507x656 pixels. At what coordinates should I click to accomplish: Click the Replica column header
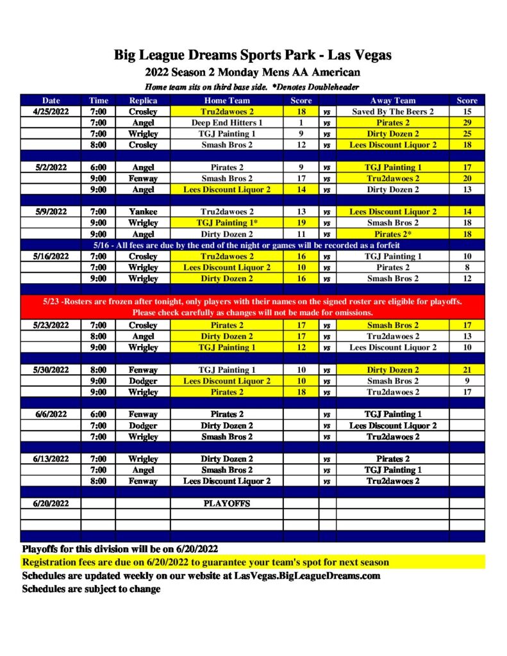coord(143,100)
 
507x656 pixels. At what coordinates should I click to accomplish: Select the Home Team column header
coord(227,100)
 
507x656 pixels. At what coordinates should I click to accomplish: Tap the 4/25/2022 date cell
coord(51,111)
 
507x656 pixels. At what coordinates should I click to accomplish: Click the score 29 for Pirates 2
coord(467,122)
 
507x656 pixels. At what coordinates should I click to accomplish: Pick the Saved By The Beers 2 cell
coord(393,111)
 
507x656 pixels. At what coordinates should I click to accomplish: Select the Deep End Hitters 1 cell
coord(227,122)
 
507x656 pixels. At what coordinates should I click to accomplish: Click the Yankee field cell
coord(143,211)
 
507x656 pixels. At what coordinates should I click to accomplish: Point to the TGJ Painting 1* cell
coord(227,222)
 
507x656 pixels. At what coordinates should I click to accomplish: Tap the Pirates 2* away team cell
coord(393,234)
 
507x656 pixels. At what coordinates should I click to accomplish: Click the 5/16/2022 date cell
coord(51,256)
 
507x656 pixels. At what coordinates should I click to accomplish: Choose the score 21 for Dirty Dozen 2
coord(467,370)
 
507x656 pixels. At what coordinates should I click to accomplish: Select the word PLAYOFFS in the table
coord(227,504)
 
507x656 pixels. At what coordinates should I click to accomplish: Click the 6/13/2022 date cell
coord(51,459)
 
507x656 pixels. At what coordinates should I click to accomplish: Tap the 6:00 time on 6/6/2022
coord(99,414)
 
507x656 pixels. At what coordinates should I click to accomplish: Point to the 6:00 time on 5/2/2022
coord(99,167)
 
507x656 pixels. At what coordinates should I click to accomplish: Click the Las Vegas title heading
coord(253,55)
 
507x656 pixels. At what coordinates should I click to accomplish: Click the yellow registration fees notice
coord(206,562)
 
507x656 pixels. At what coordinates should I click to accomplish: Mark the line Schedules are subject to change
coord(91,589)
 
